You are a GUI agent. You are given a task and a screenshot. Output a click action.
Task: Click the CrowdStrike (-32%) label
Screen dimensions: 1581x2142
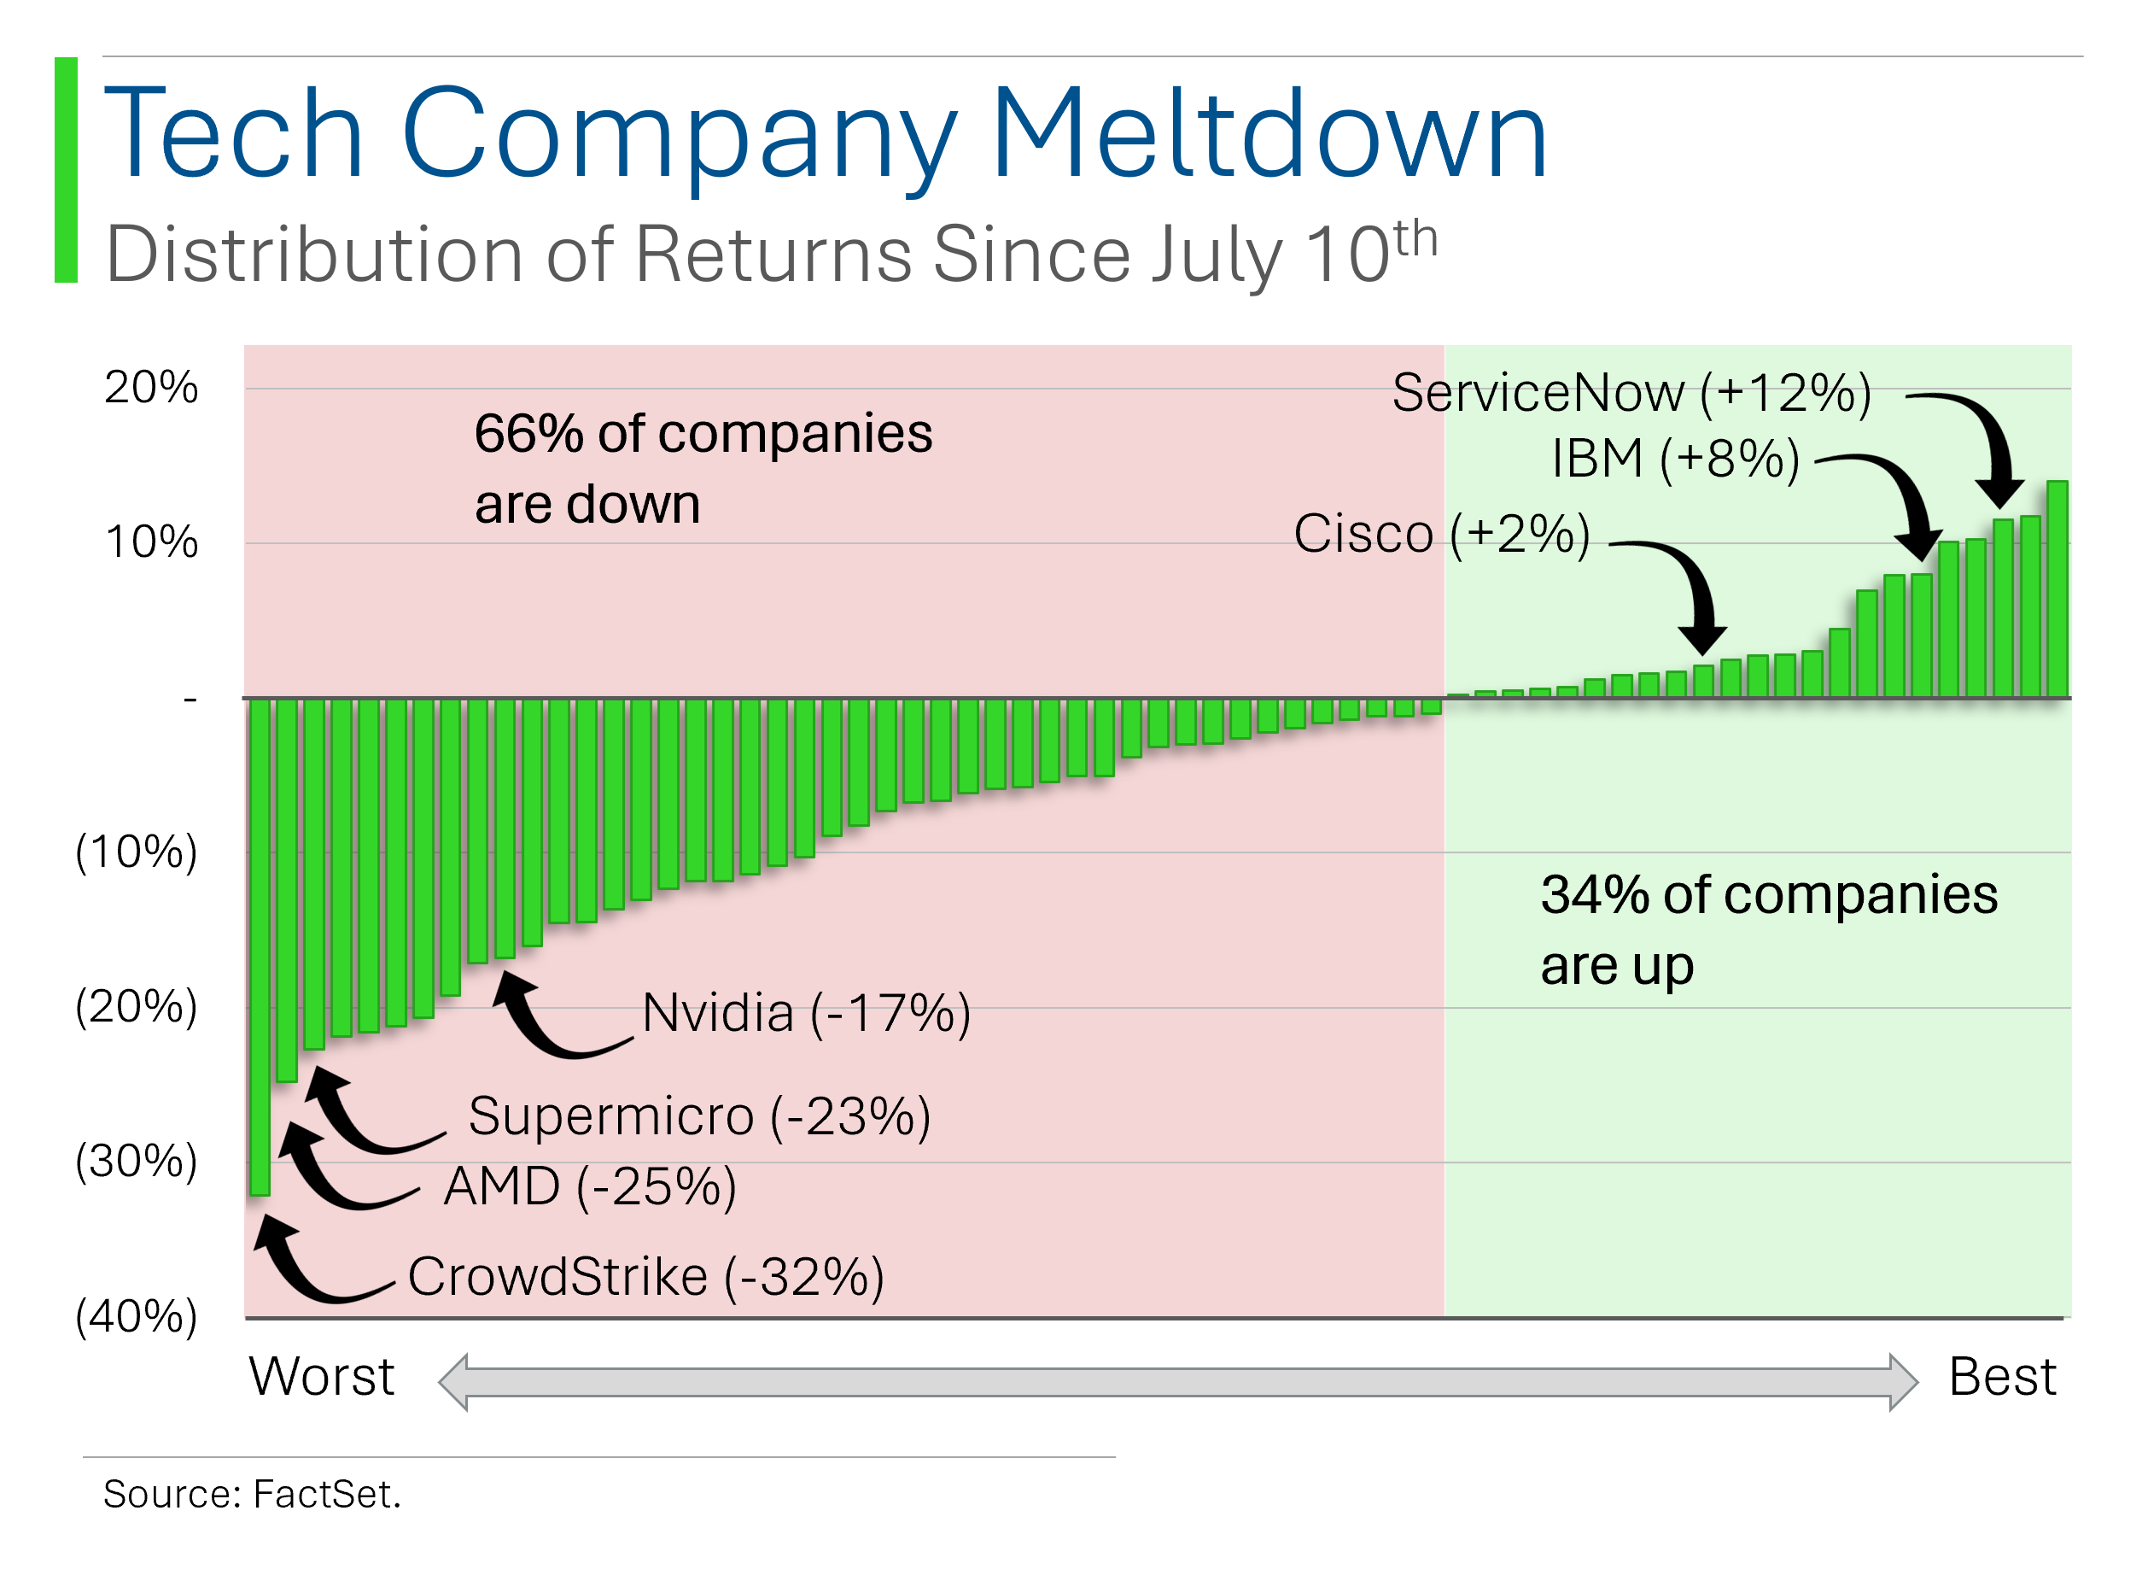645,1278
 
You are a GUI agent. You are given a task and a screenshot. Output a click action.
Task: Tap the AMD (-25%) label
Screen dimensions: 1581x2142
590,1187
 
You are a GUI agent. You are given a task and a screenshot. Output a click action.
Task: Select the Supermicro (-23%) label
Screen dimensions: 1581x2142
699,1117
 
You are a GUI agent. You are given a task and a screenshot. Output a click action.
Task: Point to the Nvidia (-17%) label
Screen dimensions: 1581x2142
807,1014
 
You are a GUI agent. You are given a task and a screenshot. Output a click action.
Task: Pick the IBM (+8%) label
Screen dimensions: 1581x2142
1675,459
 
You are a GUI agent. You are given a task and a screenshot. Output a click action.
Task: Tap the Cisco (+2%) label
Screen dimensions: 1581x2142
1442,534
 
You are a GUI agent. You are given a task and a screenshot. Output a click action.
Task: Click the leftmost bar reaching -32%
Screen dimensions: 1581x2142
260,947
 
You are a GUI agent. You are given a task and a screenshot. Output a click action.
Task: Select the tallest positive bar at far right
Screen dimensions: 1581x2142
2057,589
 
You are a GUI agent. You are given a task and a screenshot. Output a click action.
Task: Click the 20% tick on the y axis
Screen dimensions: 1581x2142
151,389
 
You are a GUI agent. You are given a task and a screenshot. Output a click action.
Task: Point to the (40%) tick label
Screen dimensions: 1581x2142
136,1318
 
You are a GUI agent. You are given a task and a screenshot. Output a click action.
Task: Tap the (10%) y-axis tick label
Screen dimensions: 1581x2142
136,852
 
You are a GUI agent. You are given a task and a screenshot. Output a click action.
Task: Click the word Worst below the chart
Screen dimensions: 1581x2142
322,1378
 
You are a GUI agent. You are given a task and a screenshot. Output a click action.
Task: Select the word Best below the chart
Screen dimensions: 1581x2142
2002,1378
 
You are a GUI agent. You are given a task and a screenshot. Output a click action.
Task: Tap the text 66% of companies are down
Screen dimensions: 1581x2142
703,469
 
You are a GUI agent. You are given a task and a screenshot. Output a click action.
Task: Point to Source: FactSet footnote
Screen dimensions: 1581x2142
252,1495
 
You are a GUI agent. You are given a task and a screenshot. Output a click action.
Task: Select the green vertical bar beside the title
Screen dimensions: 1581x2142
66,170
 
